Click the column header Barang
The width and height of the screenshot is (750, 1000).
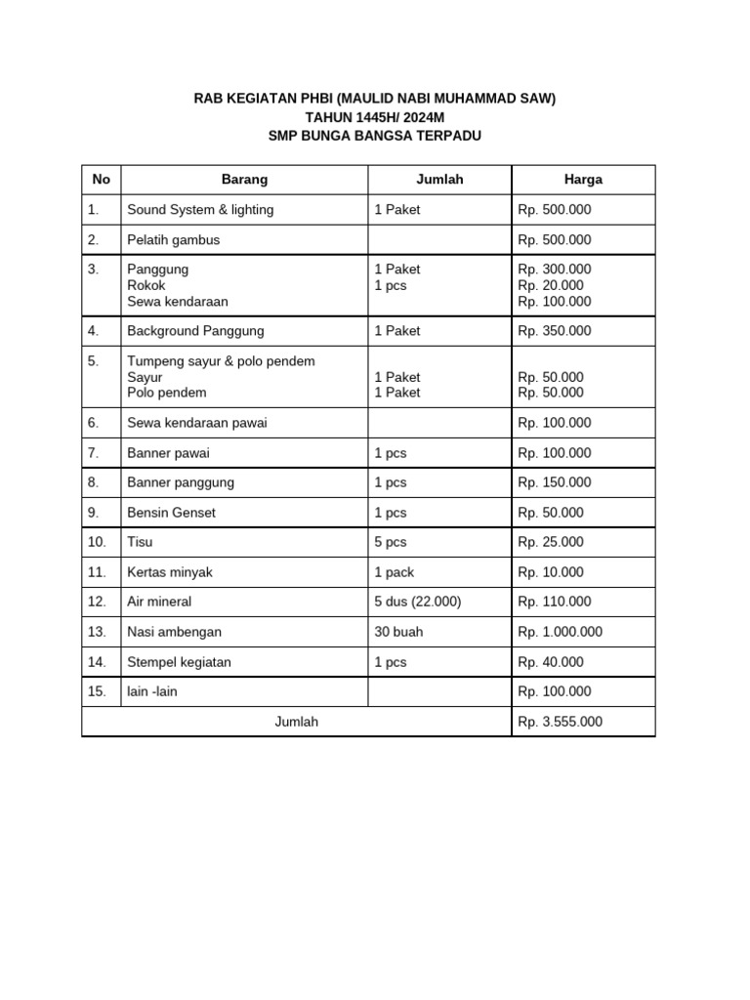coord(244,180)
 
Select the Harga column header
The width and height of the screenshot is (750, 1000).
coord(583,180)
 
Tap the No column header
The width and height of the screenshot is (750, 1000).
coord(102,180)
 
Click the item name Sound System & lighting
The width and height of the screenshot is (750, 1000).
coord(200,210)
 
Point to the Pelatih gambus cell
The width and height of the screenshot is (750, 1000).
coord(174,240)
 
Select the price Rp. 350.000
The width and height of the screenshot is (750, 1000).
coord(555,331)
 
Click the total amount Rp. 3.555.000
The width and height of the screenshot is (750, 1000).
coord(561,722)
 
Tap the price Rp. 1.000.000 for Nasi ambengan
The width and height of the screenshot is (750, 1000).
coord(561,632)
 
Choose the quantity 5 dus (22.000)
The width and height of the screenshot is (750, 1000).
coord(417,602)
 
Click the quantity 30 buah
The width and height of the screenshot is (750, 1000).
coord(398,632)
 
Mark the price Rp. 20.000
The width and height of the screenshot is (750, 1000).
coord(551,286)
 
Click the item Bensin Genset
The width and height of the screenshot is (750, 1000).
coord(172,513)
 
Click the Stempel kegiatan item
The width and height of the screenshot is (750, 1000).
coord(179,662)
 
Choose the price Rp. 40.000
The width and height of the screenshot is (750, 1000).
coord(551,662)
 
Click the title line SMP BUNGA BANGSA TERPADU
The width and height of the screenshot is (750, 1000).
coord(375,136)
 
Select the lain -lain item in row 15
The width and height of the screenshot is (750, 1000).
coord(152,691)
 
